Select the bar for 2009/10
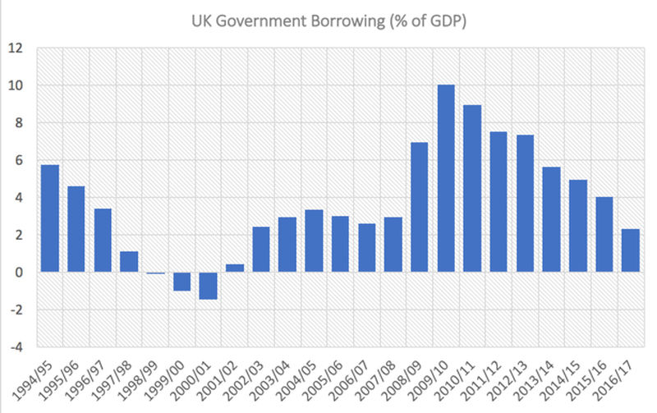446,178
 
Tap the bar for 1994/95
50,218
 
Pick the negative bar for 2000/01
209,286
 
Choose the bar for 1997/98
130,261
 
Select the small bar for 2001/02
235,268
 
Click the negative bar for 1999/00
182,281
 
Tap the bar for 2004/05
314,241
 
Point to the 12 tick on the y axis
16,48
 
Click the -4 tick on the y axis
16,346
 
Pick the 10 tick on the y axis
16,85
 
